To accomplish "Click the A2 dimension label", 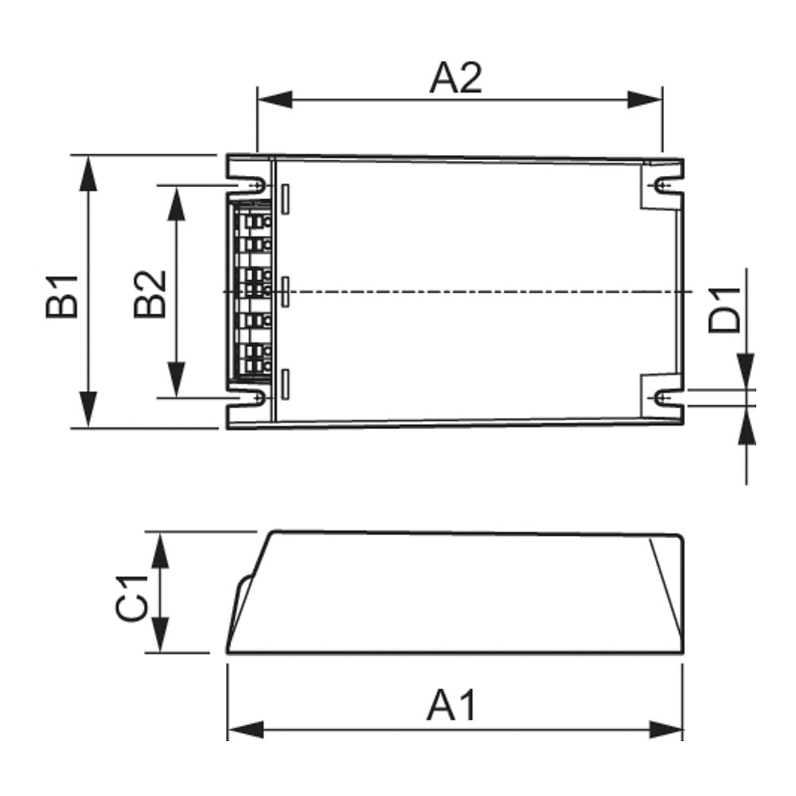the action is pos(456,78).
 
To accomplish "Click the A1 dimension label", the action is pos(451,704).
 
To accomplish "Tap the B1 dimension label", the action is pos(62,296).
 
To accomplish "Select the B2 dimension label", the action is pos(150,294).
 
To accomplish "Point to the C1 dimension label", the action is pos(131,599).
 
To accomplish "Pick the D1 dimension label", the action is pos(724,310).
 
